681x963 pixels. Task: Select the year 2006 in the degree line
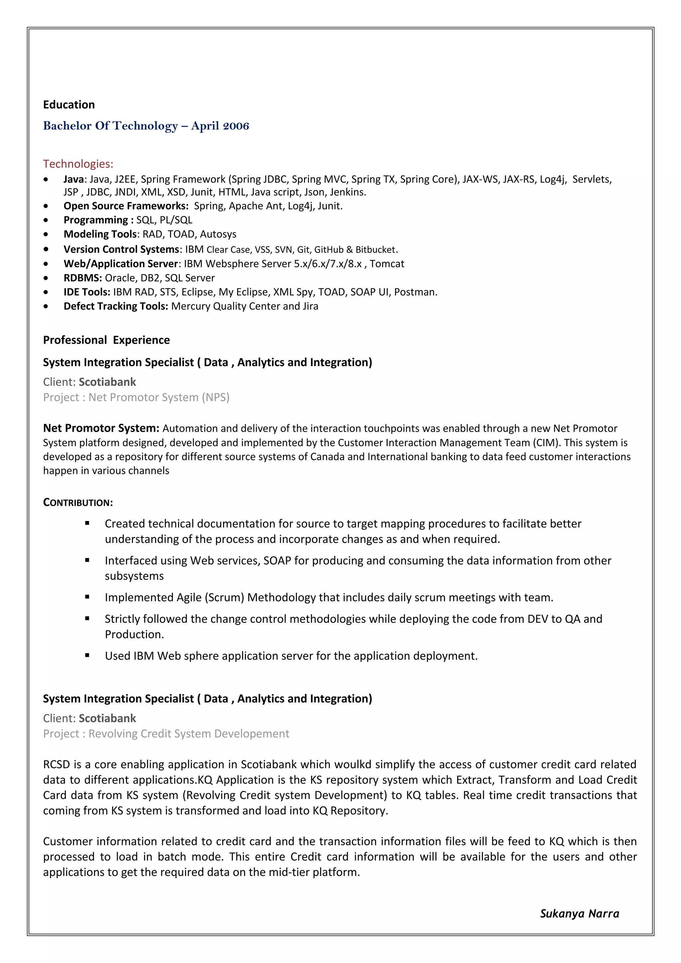(x=236, y=126)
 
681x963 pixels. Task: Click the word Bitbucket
(x=375, y=250)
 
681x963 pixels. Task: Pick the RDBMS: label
(x=83, y=278)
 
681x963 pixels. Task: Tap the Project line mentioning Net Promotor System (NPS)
(x=136, y=397)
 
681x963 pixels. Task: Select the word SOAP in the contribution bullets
(x=277, y=561)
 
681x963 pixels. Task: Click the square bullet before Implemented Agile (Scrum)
(x=87, y=597)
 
